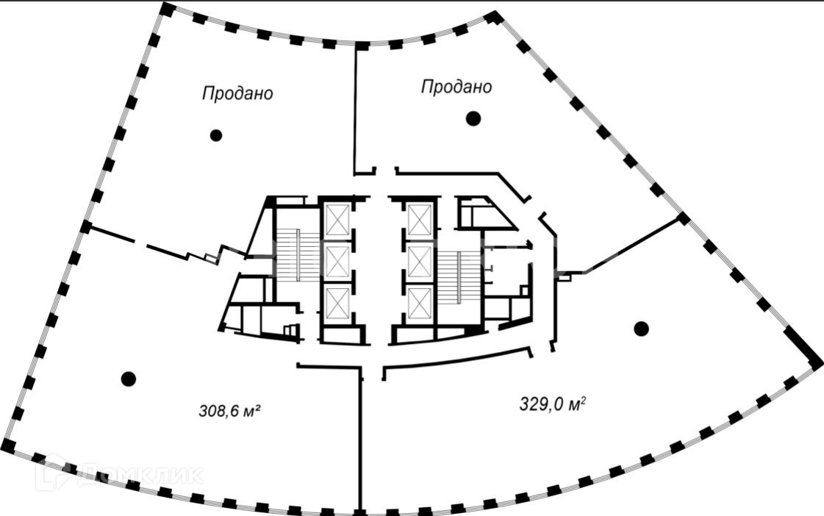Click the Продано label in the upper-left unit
click(237, 93)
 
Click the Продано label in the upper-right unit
click(456, 87)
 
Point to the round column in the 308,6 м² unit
click(129, 379)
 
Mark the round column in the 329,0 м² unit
click(641, 329)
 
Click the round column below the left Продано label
click(215, 135)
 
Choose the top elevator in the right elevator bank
click(419, 219)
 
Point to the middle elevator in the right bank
click(419, 260)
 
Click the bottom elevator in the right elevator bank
click(419, 302)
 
